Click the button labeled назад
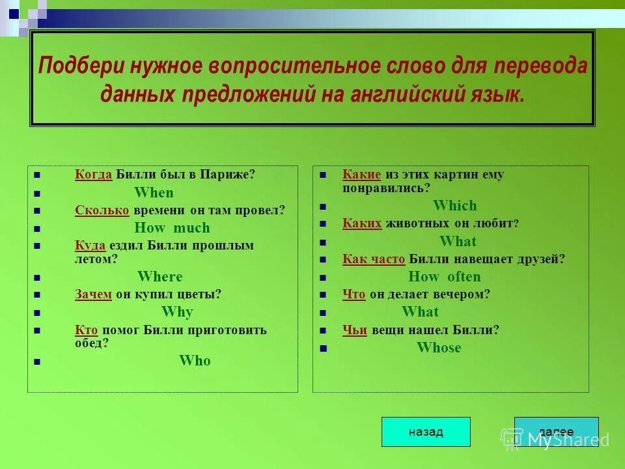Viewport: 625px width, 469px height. [426, 432]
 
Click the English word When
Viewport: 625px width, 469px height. [154, 193]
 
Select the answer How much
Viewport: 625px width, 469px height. [172, 228]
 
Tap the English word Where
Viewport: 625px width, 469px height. [160, 276]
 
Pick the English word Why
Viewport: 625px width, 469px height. [177, 311]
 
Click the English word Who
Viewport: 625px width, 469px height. [195, 361]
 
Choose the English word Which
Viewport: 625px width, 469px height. [455, 206]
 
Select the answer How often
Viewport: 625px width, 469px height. [445, 276]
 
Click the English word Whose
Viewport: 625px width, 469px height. [439, 348]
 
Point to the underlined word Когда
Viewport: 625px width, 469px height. [94, 175]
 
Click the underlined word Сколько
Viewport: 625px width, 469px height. [102, 210]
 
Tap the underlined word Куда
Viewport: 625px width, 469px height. [90, 246]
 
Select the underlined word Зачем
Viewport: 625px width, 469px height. [93, 294]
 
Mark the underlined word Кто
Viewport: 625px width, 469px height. [86, 330]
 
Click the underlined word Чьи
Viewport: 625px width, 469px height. [355, 330]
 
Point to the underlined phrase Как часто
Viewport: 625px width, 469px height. [374, 259]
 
